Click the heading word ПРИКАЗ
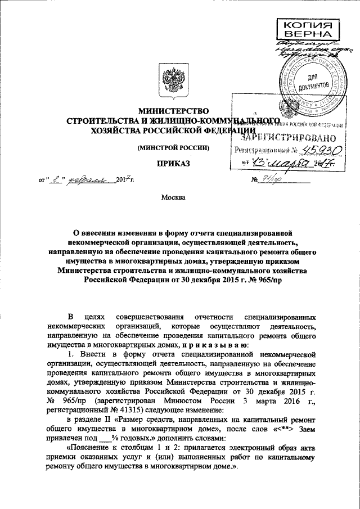[174, 163]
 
